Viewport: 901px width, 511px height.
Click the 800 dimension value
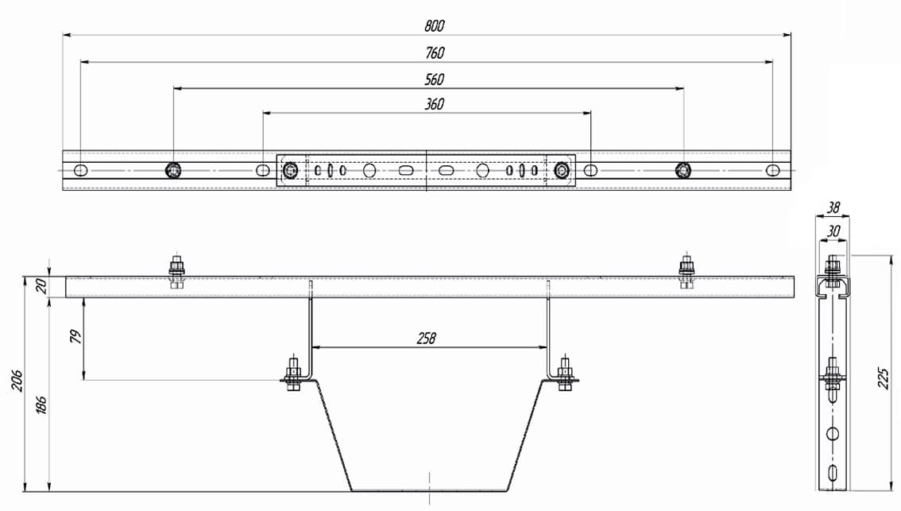pos(435,26)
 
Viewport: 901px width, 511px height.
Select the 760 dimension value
pos(435,53)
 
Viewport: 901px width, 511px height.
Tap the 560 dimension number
pos(435,79)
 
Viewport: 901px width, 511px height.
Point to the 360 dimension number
pos(435,104)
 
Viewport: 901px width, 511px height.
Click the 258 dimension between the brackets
pos(427,339)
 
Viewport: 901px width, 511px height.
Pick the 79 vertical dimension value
pos(75,337)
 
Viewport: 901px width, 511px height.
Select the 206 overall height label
pos(17,381)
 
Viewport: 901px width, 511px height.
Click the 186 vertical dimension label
pos(41,405)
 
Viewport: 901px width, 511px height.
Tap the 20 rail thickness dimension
pos(41,286)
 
